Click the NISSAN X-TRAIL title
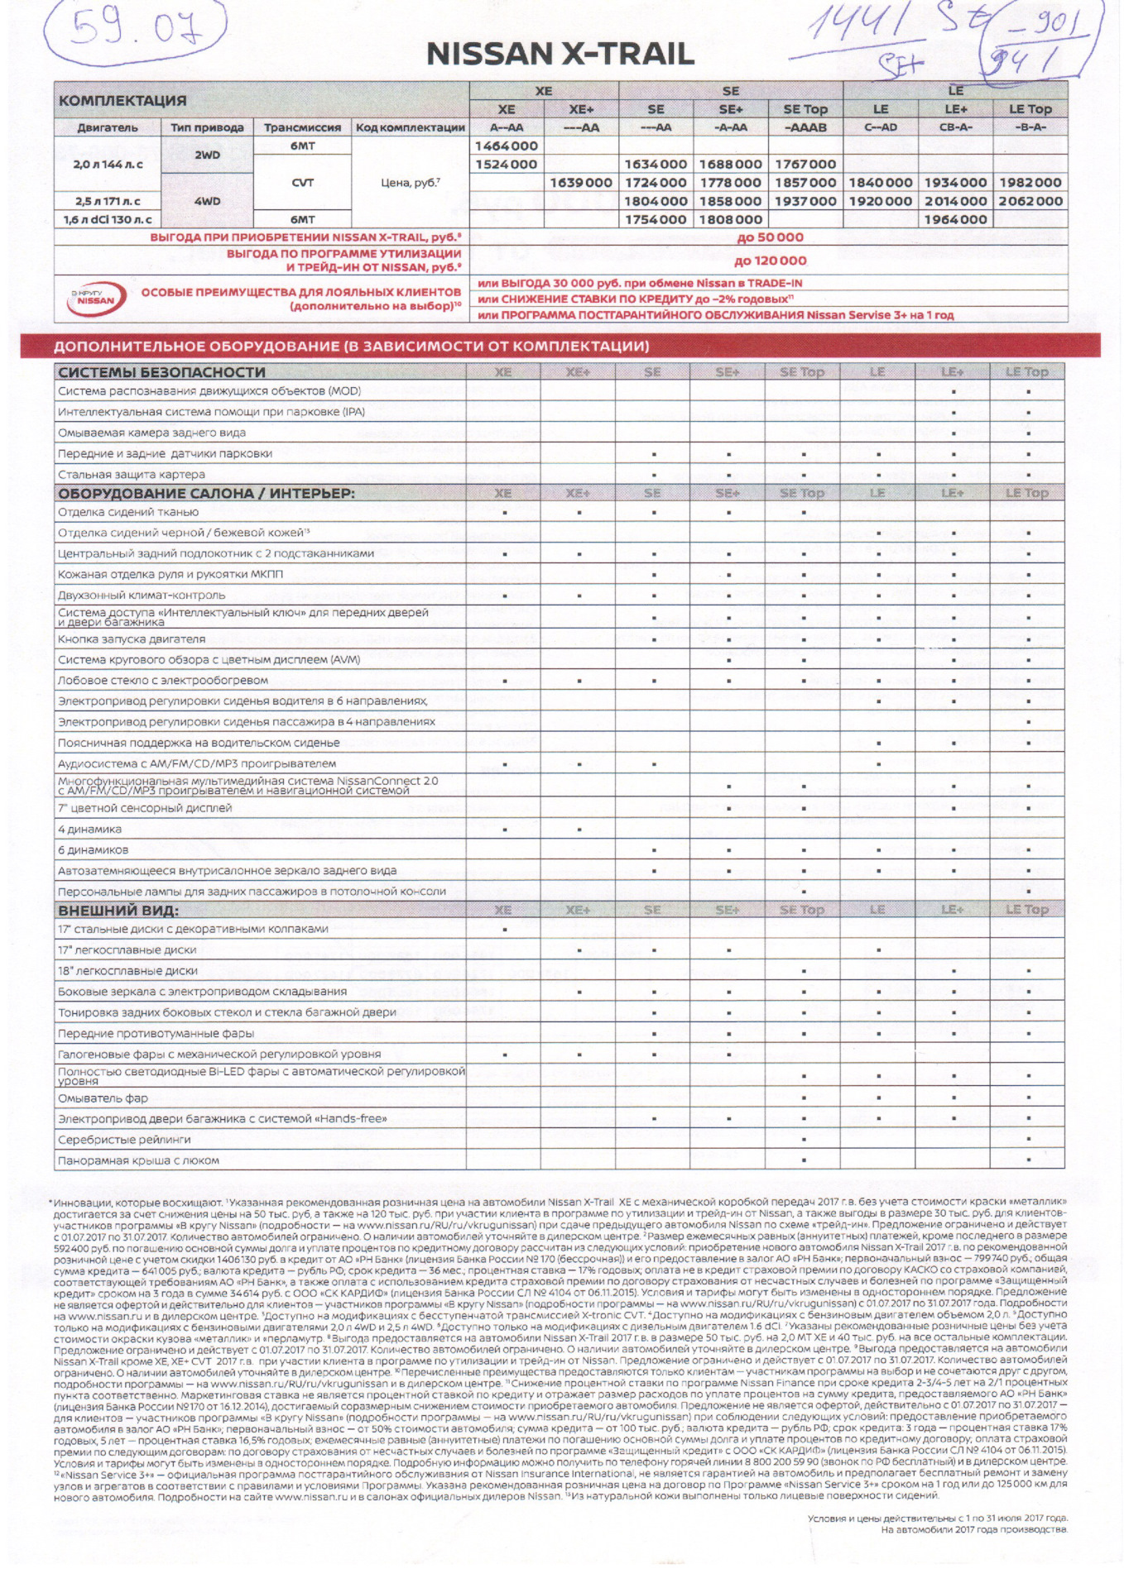pyautogui.click(x=560, y=55)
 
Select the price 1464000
pyautogui.click(x=506, y=146)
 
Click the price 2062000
pyautogui.click(x=1030, y=201)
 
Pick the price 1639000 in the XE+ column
pyautogui.click(x=581, y=183)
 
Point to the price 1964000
pyautogui.click(x=954, y=220)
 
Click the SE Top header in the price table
pyautogui.click(x=805, y=109)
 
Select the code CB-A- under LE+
pyautogui.click(x=954, y=127)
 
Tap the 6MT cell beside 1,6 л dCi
pyautogui.click(x=302, y=220)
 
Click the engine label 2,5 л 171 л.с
pyautogui.click(x=107, y=201)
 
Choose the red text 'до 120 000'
pyautogui.click(x=769, y=261)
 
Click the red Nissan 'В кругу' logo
pyautogui.click(x=96, y=299)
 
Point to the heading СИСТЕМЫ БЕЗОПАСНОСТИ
pyautogui.click(x=161, y=372)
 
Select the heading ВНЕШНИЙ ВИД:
pyautogui.click(x=118, y=911)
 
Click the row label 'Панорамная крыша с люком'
pyautogui.click(x=138, y=1160)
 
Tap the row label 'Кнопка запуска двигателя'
pyautogui.click(x=131, y=639)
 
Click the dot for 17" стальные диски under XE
pyautogui.click(x=505, y=930)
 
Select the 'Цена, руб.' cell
pyautogui.click(x=410, y=183)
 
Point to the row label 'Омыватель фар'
pyautogui.click(x=103, y=1098)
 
